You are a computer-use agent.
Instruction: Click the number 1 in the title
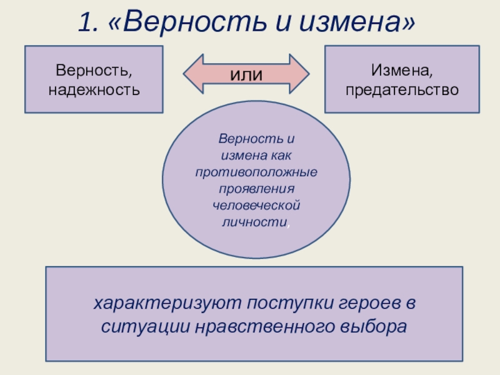coord(86,23)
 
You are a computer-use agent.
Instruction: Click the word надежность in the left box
coord(94,89)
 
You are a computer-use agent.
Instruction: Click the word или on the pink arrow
coord(247,74)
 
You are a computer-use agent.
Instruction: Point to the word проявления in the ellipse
coord(256,188)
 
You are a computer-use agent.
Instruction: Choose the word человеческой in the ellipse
coord(256,205)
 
